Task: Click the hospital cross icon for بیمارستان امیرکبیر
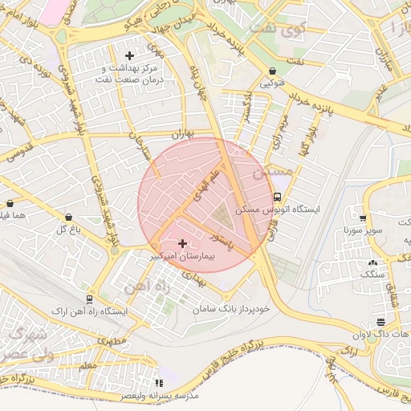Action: [x=182, y=243]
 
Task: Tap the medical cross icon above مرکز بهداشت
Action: [x=129, y=55]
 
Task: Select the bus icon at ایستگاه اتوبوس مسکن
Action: [x=277, y=197]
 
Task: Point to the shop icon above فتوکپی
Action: [x=273, y=71]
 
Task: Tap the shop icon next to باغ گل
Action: [x=68, y=218]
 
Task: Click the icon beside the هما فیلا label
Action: [x=10, y=204]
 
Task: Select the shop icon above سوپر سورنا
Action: [x=363, y=218]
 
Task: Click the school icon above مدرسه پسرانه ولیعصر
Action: [x=158, y=384]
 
